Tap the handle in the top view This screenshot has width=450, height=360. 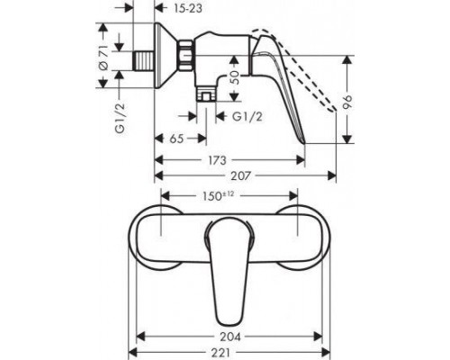229,270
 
